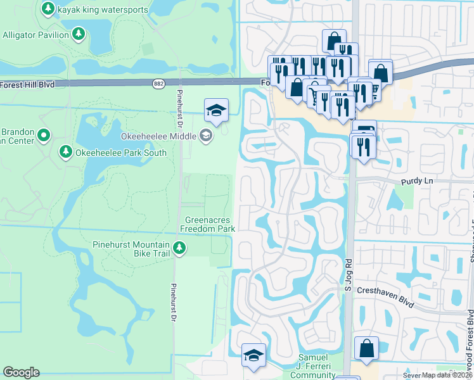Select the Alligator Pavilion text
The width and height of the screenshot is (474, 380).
click(x=35, y=35)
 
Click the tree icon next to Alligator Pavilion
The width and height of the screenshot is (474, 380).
click(x=79, y=34)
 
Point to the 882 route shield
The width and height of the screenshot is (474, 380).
click(x=159, y=84)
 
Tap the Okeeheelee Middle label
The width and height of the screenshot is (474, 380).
click(x=158, y=135)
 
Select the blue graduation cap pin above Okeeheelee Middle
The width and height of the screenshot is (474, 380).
click(x=216, y=111)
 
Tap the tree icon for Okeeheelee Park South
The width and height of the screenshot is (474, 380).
click(x=65, y=151)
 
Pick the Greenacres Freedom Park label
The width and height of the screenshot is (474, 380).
click(x=208, y=224)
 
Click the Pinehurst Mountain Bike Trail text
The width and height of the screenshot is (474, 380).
click(x=131, y=249)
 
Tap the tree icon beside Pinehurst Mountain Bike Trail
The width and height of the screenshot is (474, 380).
click(x=180, y=248)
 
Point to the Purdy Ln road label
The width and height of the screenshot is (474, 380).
click(x=415, y=181)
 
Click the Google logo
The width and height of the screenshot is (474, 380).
click(x=21, y=372)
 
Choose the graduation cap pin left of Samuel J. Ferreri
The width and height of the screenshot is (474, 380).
click(x=253, y=355)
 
